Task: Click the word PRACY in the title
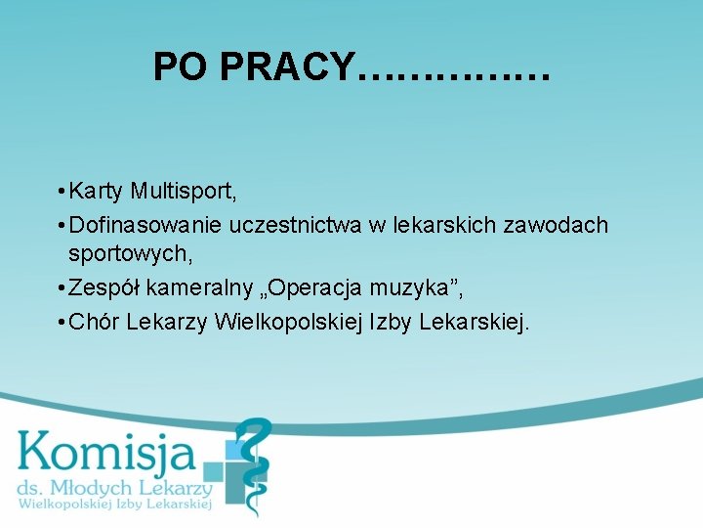287,66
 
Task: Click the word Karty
97,190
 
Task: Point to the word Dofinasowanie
146,226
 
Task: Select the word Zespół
103,287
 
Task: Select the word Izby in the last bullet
390,322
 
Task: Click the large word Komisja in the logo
106,453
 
